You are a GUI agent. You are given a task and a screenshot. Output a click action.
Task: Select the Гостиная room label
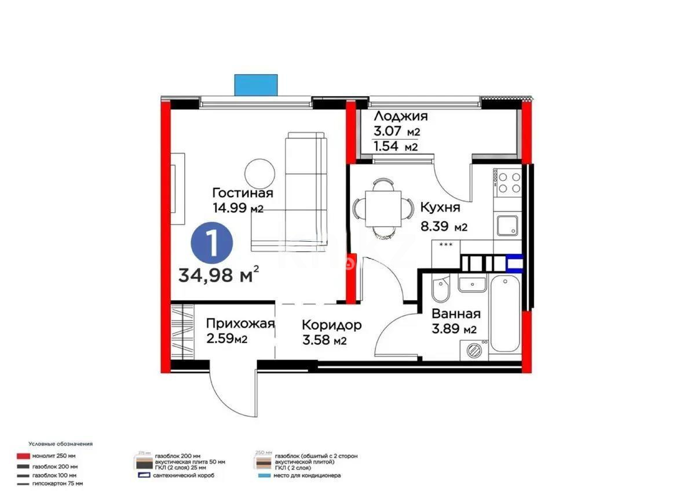coord(242,192)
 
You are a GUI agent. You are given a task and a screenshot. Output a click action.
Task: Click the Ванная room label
coord(456,314)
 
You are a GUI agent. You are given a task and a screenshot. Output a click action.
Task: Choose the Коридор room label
coord(332,325)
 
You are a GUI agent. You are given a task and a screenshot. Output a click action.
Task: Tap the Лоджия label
coord(400,117)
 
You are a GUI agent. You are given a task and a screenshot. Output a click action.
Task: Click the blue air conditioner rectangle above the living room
coord(257,84)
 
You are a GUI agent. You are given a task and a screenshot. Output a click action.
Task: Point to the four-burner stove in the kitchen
coord(508,181)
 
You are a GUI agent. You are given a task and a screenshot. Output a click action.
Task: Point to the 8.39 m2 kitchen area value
coord(443,227)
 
